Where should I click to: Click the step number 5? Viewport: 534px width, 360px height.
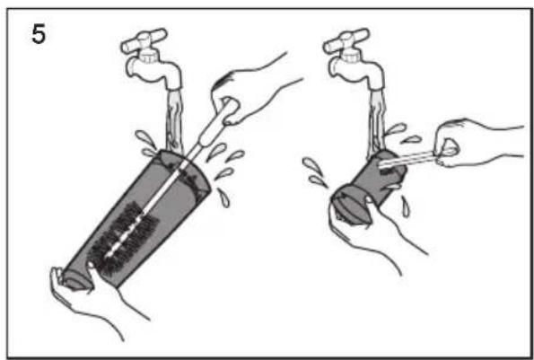pyautogui.click(x=38, y=35)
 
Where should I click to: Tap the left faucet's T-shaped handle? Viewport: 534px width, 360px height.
pyautogui.click(x=144, y=41)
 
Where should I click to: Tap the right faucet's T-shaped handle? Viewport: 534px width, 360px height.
pyautogui.click(x=346, y=41)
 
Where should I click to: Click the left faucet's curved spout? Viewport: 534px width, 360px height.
pyautogui.click(x=155, y=71)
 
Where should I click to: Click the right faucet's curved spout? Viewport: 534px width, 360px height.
pyautogui.click(x=357, y=71)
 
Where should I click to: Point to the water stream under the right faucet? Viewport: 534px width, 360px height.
pyautogui.click(x=376, y=123)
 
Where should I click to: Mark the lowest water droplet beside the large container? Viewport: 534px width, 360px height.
pyautogui.click(x=223, y=198)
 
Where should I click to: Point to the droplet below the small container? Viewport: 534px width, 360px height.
pyautogui.click(x=406, y=206)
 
